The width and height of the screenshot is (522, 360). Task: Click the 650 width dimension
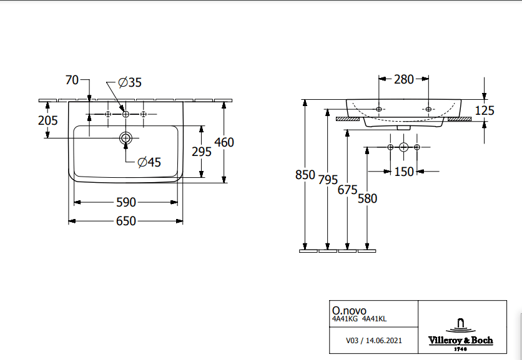tap(126, 221)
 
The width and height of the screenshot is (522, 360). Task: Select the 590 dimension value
tap(126, 202)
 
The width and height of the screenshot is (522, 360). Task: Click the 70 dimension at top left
tap(72, 80)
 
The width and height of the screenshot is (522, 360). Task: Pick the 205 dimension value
tap(48, 120)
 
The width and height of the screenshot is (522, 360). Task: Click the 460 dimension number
tap(224, 142)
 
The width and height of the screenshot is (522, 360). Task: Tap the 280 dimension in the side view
tap(403, 79)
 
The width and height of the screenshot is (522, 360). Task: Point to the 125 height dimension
tap(485, 110)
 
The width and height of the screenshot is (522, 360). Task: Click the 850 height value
tap(305, 175)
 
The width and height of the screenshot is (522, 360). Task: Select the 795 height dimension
tap(328, 180)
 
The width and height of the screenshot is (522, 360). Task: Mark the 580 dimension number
tap(368, 198)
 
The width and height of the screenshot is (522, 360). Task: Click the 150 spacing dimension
tap(404, 172)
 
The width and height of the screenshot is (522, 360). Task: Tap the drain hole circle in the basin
tap(126, 137)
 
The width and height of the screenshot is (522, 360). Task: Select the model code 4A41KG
tap(345, 318)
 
